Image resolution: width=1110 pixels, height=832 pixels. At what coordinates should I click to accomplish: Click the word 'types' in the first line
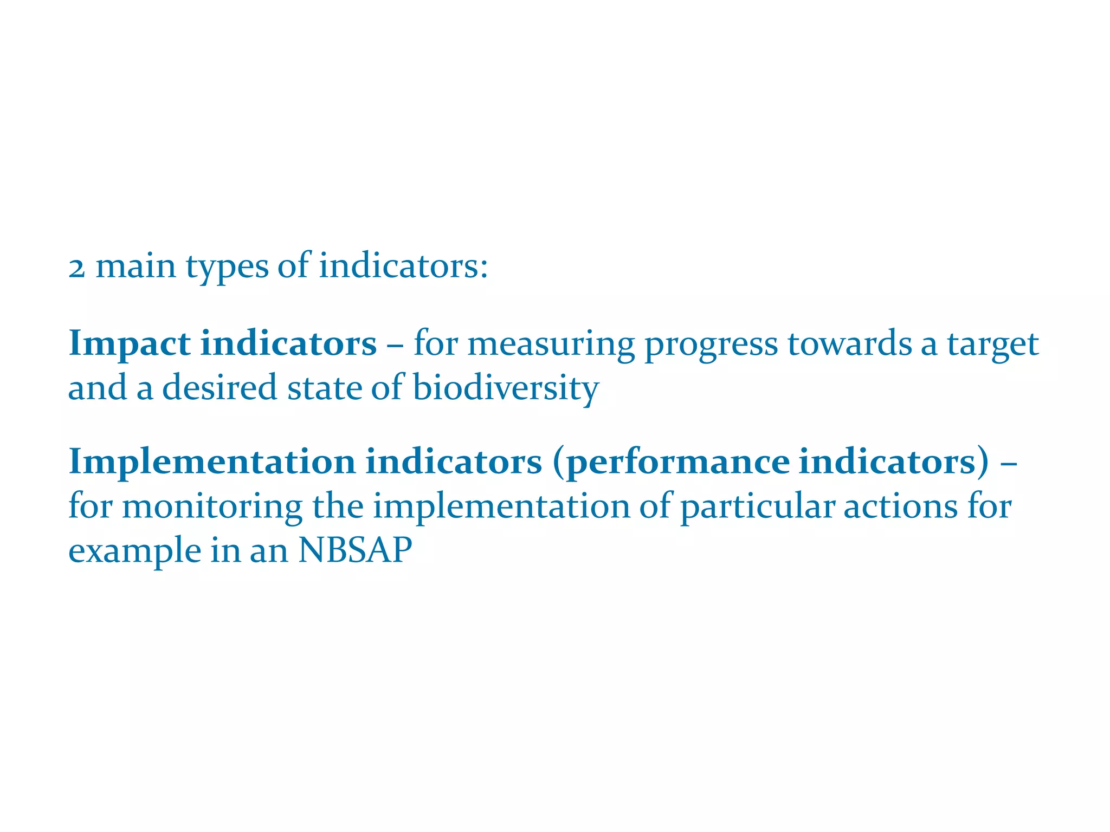click(227, 268)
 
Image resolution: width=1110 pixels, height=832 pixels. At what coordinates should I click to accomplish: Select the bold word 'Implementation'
click(212, 462)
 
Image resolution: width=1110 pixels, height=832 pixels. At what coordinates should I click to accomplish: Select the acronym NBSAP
click(355, 550)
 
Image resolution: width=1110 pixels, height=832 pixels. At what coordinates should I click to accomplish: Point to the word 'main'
click(136, 267)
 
